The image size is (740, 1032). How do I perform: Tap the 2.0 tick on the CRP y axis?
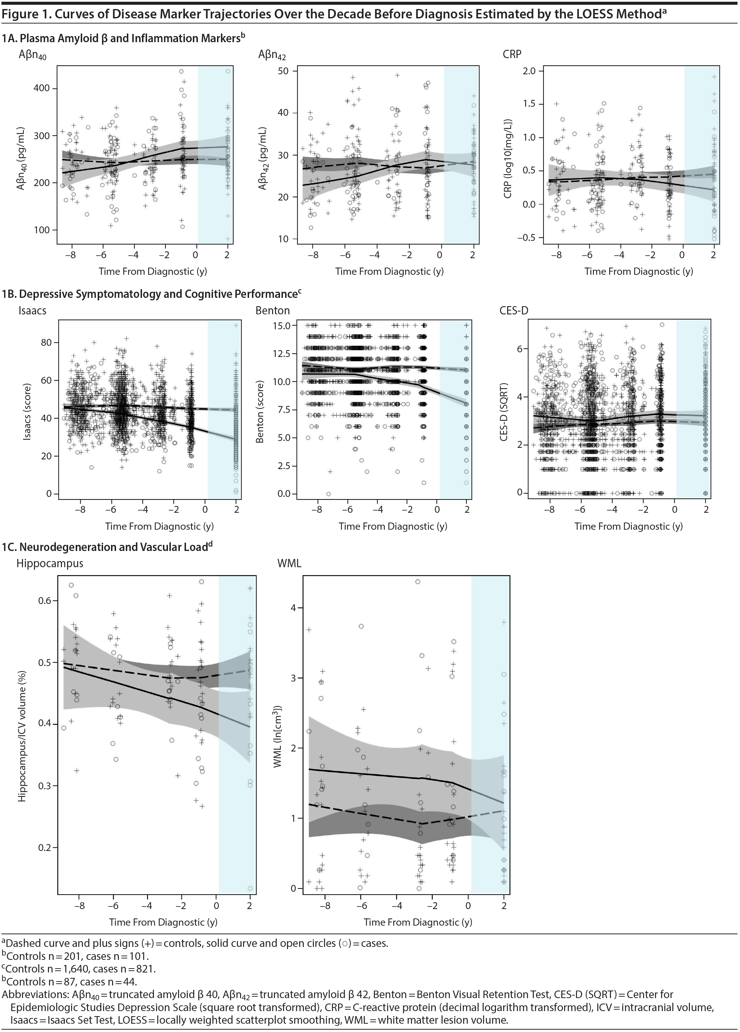pyautogui.click(x=530, y=71)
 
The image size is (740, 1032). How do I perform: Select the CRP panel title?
pyautogui.click(x=512, y=54)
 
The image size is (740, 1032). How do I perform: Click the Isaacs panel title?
pyautogui.click(x=32, y=310)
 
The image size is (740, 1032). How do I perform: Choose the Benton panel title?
pyautogui.click(x=272, y=310)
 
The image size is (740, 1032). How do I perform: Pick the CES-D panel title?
pyautogui.click(x=514, y=310)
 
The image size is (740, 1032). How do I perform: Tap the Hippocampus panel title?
pyautogui.click(x=50, y=563)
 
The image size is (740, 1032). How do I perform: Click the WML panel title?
pyautogui.click(x=289, y=563)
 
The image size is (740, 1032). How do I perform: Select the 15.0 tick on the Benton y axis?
pyautogui.click(x=282, y=326)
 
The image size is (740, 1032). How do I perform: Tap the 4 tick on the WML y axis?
pyautogui.click(x=293, y=608)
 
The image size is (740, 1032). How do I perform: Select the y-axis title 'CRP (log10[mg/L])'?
pyautogui.click(x=508, y=159)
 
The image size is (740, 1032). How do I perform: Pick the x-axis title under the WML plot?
pyautogui.click(x=417, y=922)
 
